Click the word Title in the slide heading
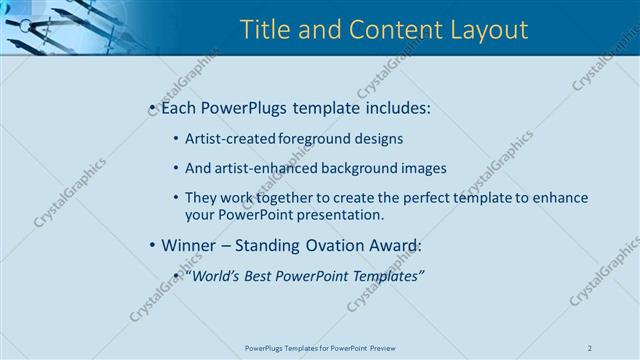[266, 31]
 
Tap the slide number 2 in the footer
[590, 347]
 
